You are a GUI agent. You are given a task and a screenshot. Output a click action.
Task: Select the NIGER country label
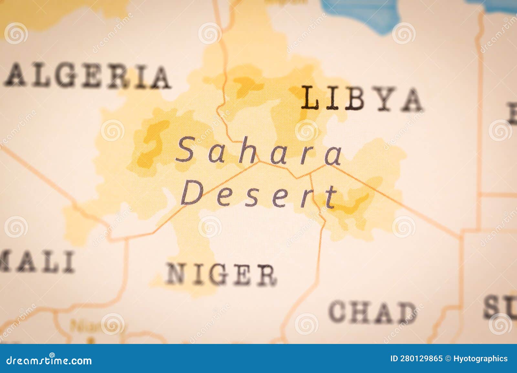[221, 274]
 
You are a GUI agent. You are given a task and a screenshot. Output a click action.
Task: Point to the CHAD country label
[372, 312]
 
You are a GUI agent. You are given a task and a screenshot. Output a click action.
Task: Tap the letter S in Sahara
[186, 149]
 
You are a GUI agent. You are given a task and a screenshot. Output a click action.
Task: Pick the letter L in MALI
[48, 261]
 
